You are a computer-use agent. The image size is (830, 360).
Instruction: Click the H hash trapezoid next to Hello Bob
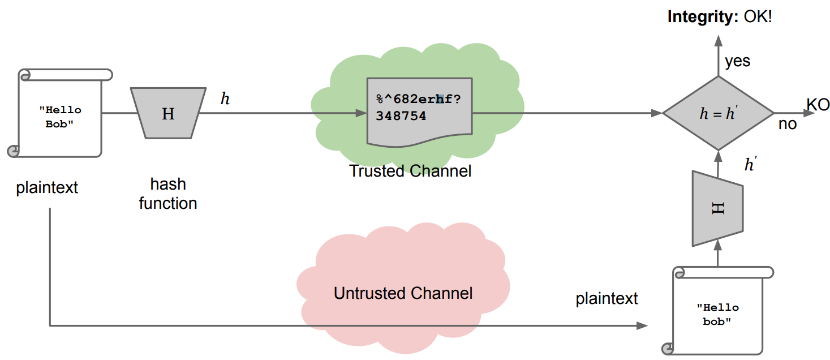click(x=168, y=113)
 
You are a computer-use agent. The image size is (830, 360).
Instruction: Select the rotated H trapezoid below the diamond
click(x=717, y=208)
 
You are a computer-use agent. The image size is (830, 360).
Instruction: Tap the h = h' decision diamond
click(x=718, y=113)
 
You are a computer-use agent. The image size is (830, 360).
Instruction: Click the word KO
click(x=818, y=105)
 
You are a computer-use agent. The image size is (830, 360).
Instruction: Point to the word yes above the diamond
click(x=737, y=61)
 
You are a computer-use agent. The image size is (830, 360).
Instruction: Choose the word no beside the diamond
click(x=787, y=124)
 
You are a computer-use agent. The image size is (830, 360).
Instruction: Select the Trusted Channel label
click(x=410, y=170)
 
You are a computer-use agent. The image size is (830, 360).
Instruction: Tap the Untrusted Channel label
click(x=403, y=293)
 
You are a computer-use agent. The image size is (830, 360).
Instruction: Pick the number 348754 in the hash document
click(x=401, y=116)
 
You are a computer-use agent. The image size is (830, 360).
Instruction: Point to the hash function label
click(x=168, y=194)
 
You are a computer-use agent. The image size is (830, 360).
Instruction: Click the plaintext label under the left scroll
click(x=47, y=188)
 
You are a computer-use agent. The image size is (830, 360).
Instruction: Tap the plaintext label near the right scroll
click(x=607, y=298)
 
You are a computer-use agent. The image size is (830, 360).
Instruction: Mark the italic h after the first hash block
click(x=225, y=99)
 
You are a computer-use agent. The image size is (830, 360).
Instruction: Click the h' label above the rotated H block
click(x=750, y=165)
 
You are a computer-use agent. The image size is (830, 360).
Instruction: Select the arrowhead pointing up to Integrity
click(x=718, y=41)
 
